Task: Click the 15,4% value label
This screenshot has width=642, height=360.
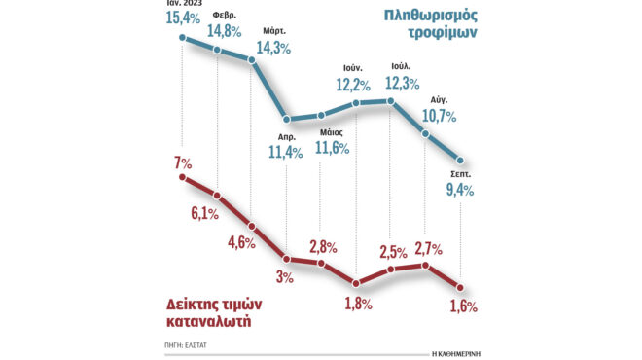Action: (x=185, y=18)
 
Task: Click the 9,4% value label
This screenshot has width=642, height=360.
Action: (x=458, y=189)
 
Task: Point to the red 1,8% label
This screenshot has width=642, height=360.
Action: (x=358, y=305)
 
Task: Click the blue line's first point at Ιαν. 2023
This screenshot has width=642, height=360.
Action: (x=183, y=39)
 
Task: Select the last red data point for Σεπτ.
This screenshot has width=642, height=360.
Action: (x=460, y=287)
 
